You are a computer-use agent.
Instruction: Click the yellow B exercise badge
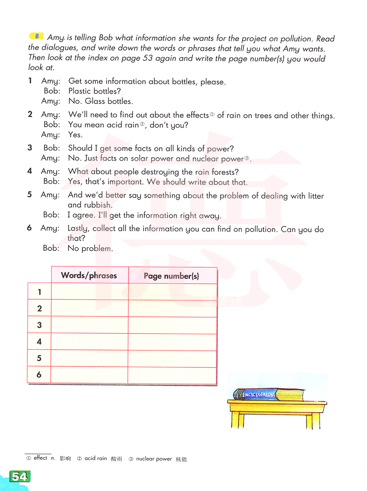[x=36, y=36]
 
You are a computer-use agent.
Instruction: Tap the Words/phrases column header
[x=89, y=275]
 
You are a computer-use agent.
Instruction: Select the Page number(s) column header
[x=171, y=276]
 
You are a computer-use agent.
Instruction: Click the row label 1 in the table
[x=39, y=292]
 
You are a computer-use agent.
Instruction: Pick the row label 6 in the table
[x=39, y=375]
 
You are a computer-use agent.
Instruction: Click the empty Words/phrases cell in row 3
[x=90, y=325]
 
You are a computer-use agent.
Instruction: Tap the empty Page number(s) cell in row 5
[x=172, y=359]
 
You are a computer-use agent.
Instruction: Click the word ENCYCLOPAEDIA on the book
[x=258, y=395]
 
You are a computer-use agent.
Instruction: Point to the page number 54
[x=19, y=477]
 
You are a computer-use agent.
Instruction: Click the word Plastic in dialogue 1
[x=80, y=91]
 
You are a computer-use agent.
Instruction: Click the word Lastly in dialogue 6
[x=78, y=229]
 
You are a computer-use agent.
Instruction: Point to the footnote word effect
[x=40, y=458]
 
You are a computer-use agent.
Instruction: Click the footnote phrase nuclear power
[x=154, y=459]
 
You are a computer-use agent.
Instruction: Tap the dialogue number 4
[x=30, y=171]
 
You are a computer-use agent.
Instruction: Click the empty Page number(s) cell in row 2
[x=172, y=309]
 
